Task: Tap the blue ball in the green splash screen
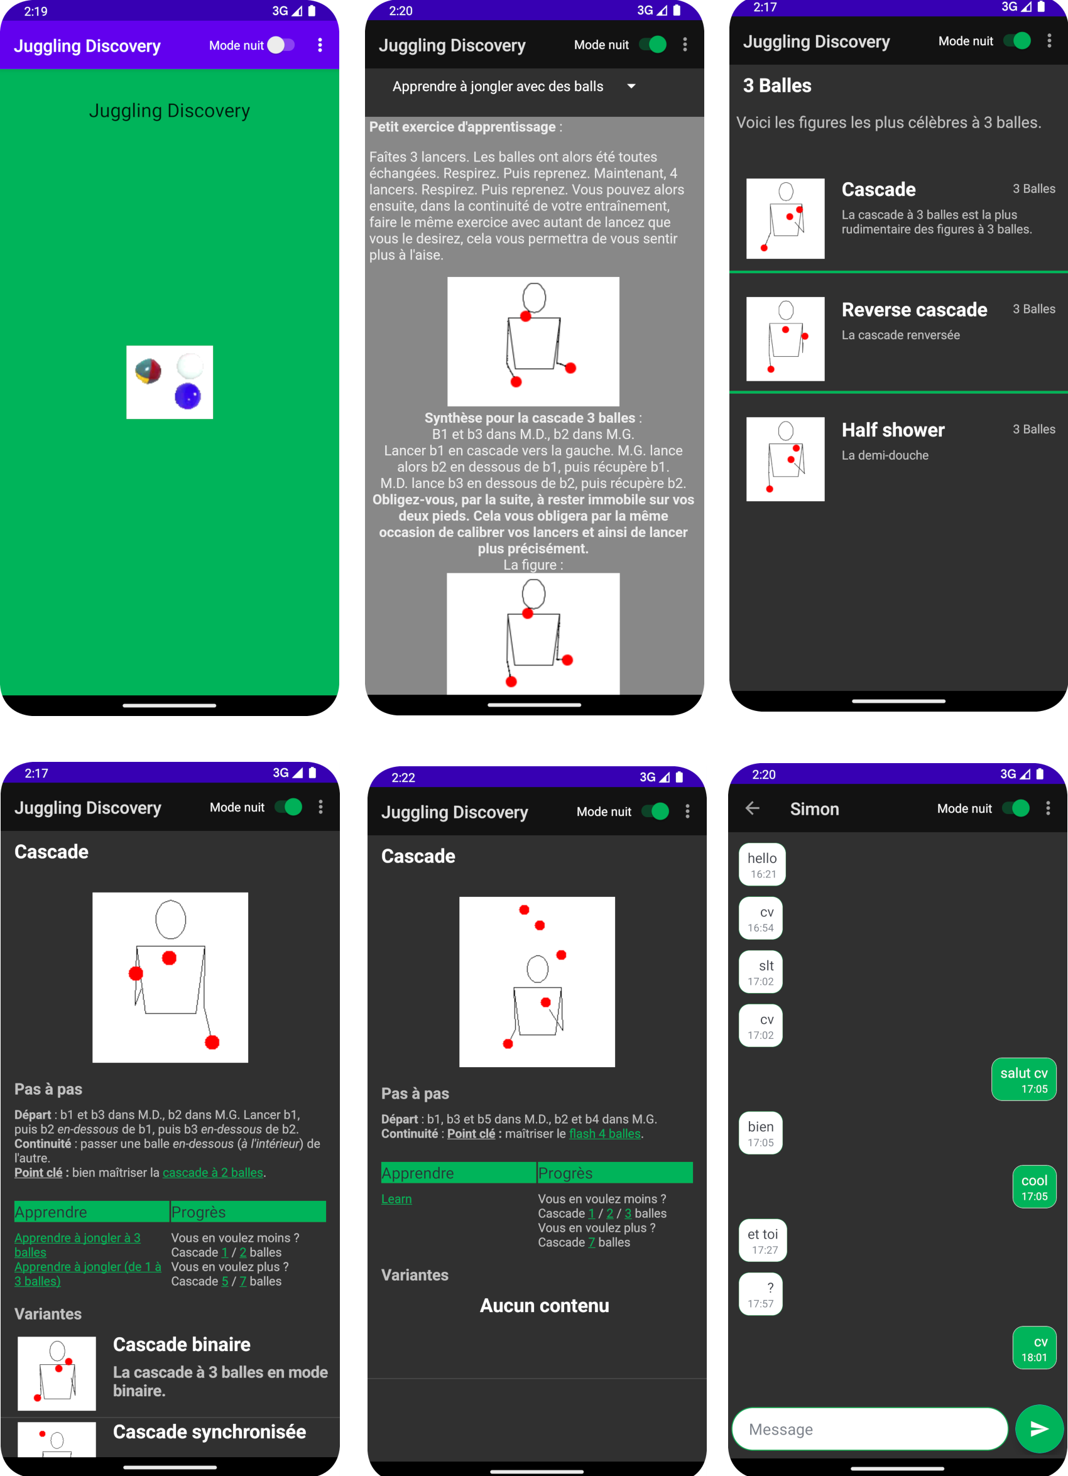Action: click(x=188, y=396)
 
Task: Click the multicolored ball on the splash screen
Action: click(x=148, y=372)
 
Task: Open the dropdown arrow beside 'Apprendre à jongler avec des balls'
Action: click(x=631, y=86)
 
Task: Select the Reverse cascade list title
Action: click(x=913, y=310)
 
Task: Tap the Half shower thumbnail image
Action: click(x=785, y=459)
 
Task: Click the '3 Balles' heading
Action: click(x=777, y=85)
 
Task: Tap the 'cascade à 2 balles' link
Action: click(x=213, y=1172)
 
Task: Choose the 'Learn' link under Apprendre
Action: click(x=396, y=1198)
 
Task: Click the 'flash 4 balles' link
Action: click(x=604, y=1133)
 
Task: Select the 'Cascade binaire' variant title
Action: click(x=182, y=1344)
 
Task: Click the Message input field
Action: click(x=869, y=1428)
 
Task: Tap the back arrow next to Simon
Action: click(x=753, y=808)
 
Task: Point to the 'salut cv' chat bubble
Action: click(x=1024, y=1079)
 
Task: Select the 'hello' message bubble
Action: click(x=762, y=864)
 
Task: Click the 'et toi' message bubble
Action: click(x=763, y=1240)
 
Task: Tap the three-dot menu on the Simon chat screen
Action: click(x=1048, y=808)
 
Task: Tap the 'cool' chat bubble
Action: click(x=1034, y=1186)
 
